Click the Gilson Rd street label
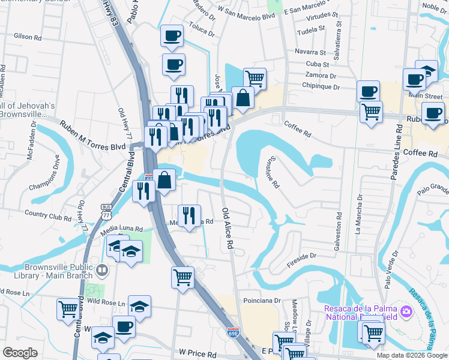29,37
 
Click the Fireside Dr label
301,256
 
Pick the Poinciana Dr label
262,300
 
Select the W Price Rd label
197,355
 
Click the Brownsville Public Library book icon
101,271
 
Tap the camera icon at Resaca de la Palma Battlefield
406,311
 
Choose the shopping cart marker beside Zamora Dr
255,77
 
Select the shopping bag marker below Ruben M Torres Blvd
164,179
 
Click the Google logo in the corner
20,353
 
